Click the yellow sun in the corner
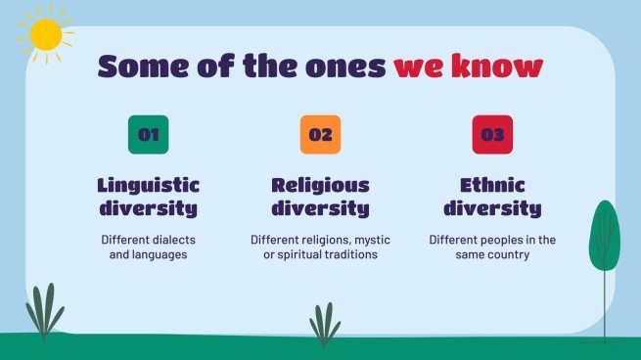[x=45, y=34]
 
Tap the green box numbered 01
[x=149, y=135]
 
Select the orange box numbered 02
[x=320, y=135]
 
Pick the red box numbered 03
[x=492, y=135]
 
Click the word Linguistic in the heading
[x=149, y=185]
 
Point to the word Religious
[x=320, y=185]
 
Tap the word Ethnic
[x=492, y=185]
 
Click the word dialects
[x=174, y=240]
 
